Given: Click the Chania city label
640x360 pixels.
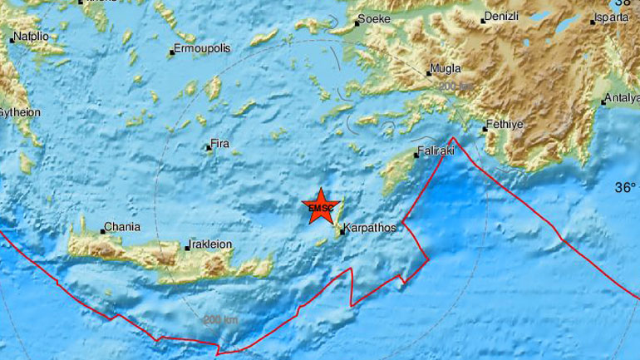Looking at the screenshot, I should click(121, 227).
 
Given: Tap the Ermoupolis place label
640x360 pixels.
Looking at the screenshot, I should click(202, 49).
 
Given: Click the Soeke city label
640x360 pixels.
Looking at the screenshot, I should click(373, 18).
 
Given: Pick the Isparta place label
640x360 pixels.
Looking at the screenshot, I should click(612, 18).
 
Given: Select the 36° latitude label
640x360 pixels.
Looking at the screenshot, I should click(624, 189).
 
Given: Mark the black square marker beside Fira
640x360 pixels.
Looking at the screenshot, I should click(209, 149).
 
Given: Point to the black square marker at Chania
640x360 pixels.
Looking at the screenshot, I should click(103, 230).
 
